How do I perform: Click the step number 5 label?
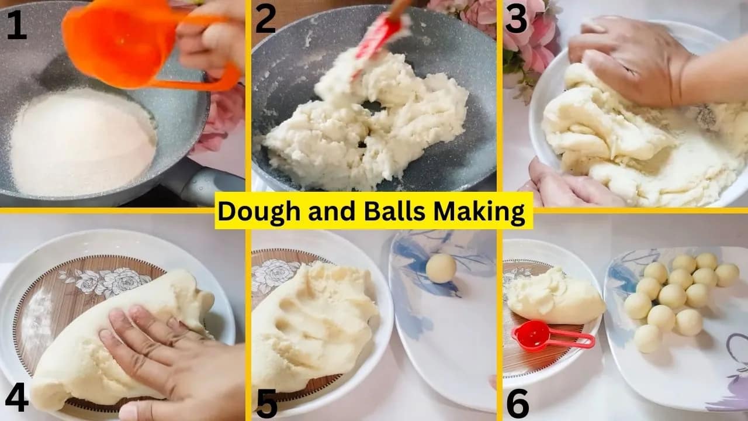(266, 402)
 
